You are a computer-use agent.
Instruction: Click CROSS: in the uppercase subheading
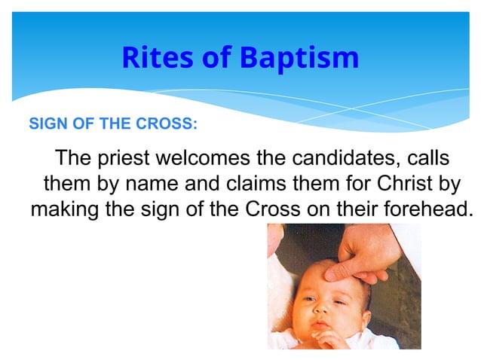(x=170, y=124)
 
